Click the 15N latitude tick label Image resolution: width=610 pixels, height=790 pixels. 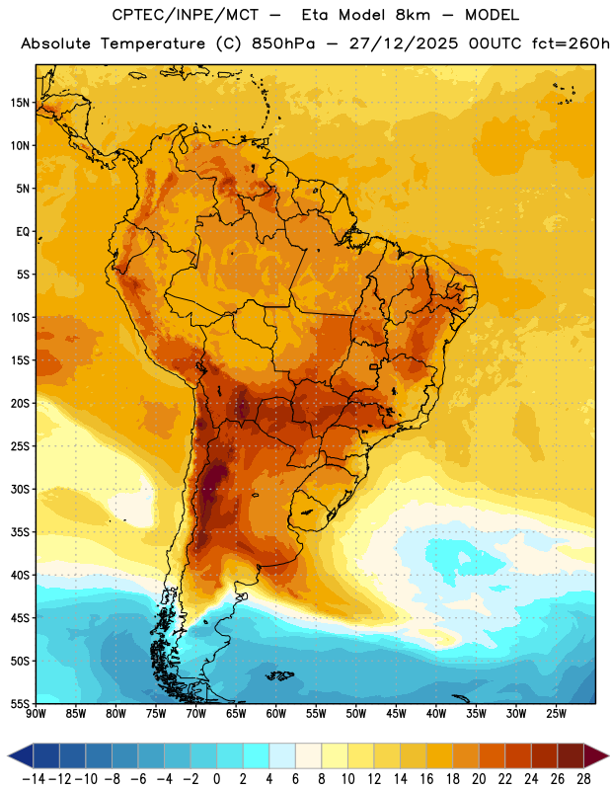[x=20, y=103]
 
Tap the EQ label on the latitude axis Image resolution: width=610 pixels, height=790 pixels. [x=23, y=232]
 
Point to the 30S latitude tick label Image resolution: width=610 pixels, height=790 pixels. [x=20, y=489]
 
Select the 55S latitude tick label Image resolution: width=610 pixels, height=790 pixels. [x=20, y=703]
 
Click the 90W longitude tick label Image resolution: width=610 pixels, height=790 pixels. [x=36, y=714]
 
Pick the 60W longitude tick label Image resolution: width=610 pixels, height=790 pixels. [x=276, y=714]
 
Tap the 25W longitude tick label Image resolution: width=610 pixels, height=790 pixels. [x=556, y=714]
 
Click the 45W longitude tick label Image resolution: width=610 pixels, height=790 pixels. [x=396, y=714]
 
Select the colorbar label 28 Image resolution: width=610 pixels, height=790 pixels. [x=583, y=779]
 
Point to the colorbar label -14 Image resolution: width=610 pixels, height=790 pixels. [x=34, y=779]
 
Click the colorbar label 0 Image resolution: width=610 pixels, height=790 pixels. [x=216, y=779]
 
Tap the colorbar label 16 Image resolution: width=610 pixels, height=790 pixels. [x=426, y=779]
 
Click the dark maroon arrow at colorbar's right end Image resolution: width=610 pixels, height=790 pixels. [x=595, y=755]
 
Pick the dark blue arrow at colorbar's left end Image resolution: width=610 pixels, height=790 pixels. [x=21, y=755]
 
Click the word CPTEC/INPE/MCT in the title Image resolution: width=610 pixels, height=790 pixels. [x=186, y=15]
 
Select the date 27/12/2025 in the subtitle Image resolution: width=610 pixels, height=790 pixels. [x=404, y=43]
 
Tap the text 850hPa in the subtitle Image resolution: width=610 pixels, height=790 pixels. [x=283, y=43]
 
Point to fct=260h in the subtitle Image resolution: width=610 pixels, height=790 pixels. [x=571, y=43]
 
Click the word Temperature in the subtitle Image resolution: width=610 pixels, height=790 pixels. [x=153, y=44]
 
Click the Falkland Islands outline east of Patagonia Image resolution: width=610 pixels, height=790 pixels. [x=279, y=675]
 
